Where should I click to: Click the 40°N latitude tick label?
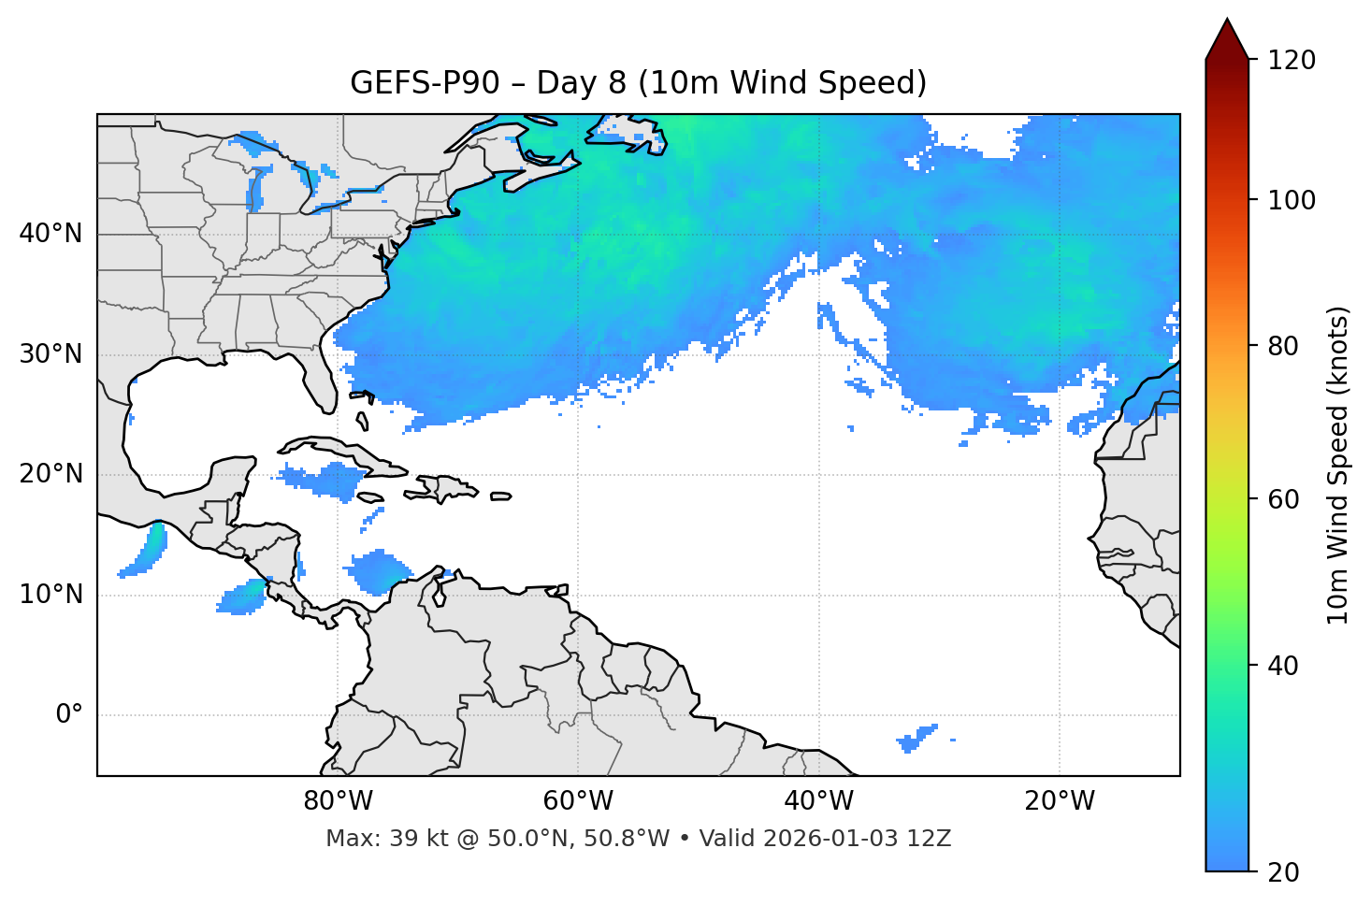(x=51, y=233)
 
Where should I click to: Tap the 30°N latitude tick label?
(x=51, y=353)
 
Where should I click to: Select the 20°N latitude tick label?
(x=51, y=474)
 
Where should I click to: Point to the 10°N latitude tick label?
(x=51, y=595)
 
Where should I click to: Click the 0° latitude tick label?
(x=69, y=715)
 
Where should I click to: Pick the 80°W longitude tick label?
(x=338, y=801)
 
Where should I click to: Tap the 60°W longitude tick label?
(x=578, y=801)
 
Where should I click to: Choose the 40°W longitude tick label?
(x=819, y=801)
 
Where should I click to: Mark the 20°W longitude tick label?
(x=1060, y=801)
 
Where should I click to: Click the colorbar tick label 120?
(x=1292, y=60)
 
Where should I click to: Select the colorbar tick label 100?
(x=1292, y=200)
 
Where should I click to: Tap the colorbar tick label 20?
(x=1283, y=872)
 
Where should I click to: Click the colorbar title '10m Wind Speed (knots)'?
(x=1338, y=465)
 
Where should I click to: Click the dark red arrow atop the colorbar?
(x=1227, y=40)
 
